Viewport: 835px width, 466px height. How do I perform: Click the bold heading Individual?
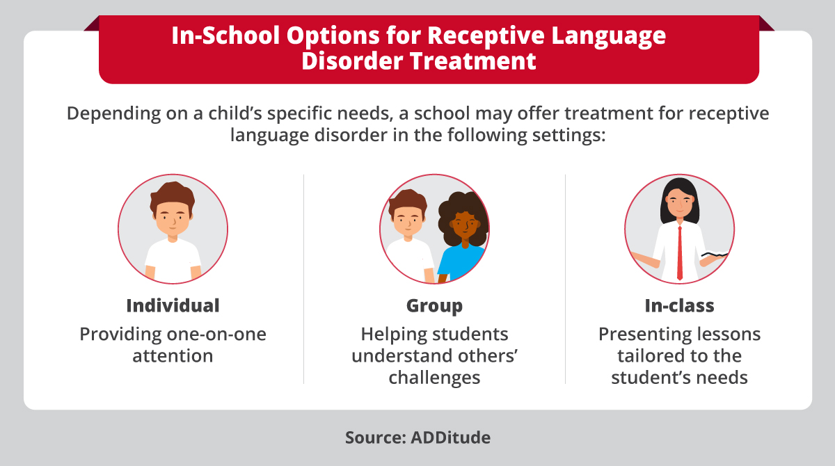point(173,305)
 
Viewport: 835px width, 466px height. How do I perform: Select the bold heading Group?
point(434,305)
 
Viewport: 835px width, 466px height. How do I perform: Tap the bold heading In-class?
point(679,305)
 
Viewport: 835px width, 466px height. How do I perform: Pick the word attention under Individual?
point(173,355)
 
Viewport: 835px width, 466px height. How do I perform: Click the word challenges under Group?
point(434,378)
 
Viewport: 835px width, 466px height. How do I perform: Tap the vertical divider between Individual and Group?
point(303,278)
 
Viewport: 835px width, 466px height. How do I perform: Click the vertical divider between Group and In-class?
point(565,278)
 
